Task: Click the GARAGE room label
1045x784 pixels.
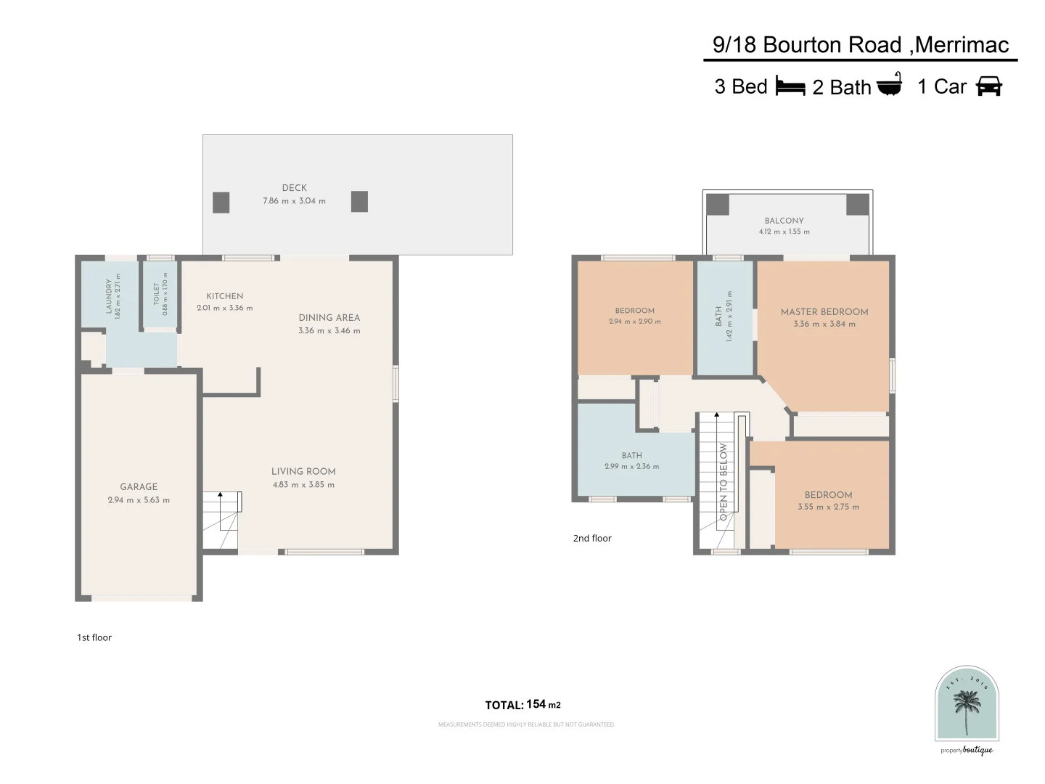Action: click(139, 487)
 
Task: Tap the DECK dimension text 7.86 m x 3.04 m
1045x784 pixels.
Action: click(294, 201)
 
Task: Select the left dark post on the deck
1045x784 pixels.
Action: click(221, 203)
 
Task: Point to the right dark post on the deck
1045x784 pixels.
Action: click(359, 202)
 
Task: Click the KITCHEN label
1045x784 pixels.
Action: click(225, 296)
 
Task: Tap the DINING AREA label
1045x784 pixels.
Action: click(329, 317)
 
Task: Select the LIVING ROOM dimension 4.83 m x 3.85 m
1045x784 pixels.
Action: click(303, 485)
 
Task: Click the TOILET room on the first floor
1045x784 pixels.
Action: click(160, 294)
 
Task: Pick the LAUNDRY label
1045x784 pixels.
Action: click(110, 296)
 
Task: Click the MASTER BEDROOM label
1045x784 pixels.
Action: click(824, 311)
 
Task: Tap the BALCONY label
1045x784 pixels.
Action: click(784, 221)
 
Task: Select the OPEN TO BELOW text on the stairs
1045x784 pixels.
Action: click(724, 481)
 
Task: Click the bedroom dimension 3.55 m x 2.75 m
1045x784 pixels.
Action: click(828, 507)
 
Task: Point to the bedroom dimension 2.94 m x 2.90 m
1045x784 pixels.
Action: click(634, 322)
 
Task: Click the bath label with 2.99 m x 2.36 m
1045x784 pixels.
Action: click(631, 456)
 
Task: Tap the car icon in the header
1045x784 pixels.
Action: click(988, 86)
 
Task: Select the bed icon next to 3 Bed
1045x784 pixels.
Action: click(790, 86)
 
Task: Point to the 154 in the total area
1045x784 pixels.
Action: click(536, 704)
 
